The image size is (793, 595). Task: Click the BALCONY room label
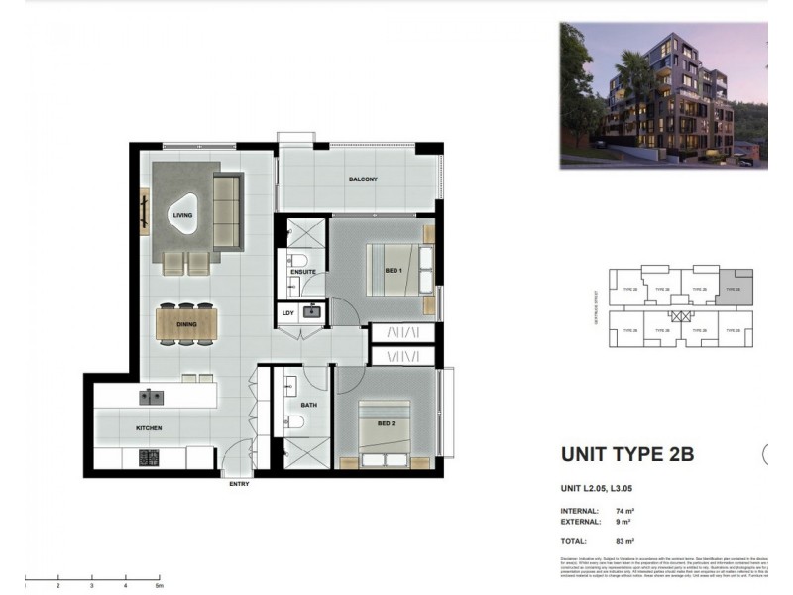click(363, 179)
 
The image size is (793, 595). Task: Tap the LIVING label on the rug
click(182, 214)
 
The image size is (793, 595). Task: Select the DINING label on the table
click(185, 324)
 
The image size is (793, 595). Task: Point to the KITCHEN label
click(149, 428)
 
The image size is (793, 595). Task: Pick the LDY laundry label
click(288, 313)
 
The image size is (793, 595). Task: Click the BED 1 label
click(394, 271)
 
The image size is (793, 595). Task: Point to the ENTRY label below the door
click(239, 484)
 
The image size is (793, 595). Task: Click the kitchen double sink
click(152, 397)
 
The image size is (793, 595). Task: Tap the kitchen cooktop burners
click(149, 457)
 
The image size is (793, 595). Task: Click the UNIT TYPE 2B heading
click(627, 455)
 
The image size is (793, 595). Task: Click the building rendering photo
click(662, 94)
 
